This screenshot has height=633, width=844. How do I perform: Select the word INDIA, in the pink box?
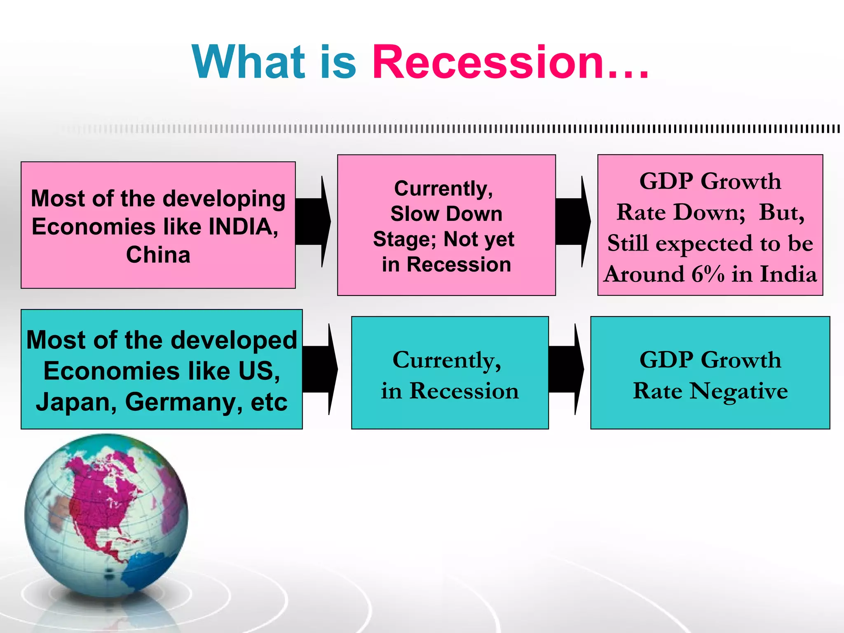[243, 227]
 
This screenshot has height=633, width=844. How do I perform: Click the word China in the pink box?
[158, 255]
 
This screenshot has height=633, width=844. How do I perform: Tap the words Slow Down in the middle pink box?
[446, 214]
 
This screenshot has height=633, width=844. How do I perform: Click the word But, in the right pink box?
[781, 213]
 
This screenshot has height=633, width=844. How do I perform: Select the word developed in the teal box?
[234, 340]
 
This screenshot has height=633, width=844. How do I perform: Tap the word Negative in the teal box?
[738, 391]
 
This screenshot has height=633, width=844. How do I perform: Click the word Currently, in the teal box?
[447, 361]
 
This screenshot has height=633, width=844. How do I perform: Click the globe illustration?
[106, 515]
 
